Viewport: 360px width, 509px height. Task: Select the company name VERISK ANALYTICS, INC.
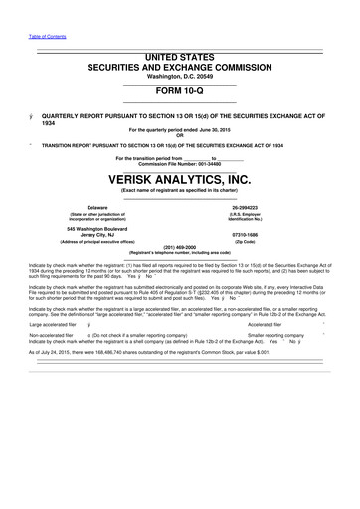[179, 178]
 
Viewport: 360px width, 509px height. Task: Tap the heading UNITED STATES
[179, 58]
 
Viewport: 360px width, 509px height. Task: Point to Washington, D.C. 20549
[179, 77]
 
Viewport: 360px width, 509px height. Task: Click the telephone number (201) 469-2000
[179, 248]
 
